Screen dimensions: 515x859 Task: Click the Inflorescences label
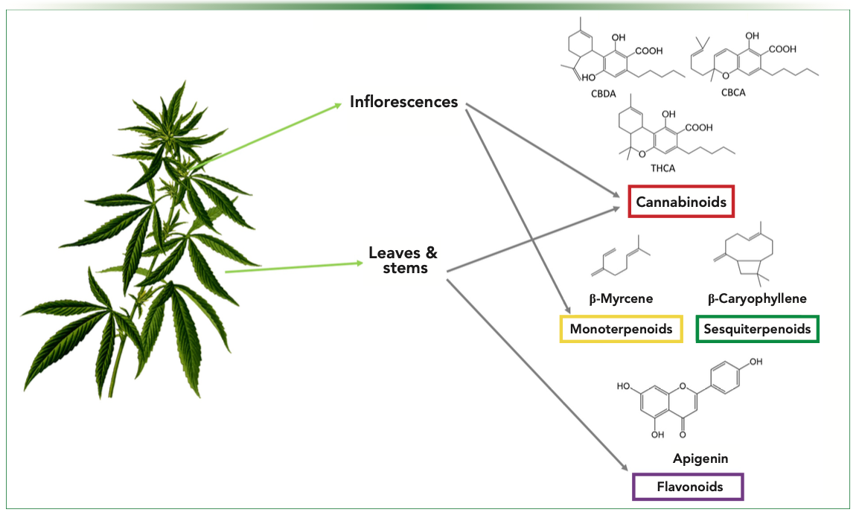[403, 102]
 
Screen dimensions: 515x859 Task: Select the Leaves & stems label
[403, 260]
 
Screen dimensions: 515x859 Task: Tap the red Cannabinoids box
[681, 201]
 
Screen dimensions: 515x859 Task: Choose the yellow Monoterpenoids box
[621, 328]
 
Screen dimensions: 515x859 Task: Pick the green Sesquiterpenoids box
[757, 328]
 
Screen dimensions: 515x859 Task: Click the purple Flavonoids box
[688, 487]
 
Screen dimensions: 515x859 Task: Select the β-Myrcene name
[621, 299]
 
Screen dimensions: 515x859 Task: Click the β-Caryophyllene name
[757, 299]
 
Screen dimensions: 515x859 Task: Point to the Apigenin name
[688, 459]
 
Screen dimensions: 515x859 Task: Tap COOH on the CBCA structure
[782, 49]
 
